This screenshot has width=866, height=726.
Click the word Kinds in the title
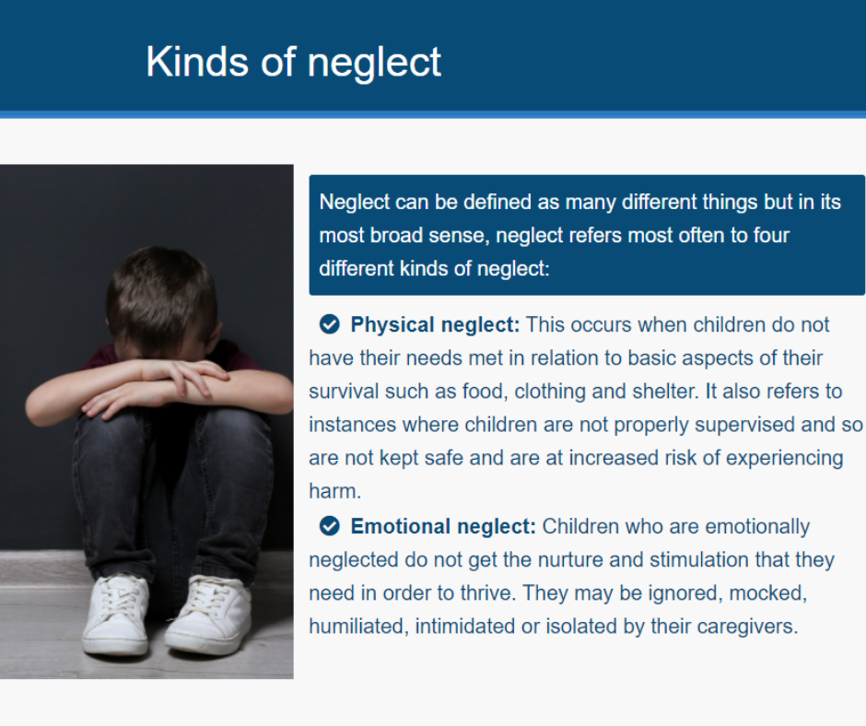[x=196, y=62]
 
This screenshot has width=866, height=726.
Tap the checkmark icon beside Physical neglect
[x=330, y=324]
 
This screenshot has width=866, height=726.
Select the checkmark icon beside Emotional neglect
[x=330, y=526]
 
